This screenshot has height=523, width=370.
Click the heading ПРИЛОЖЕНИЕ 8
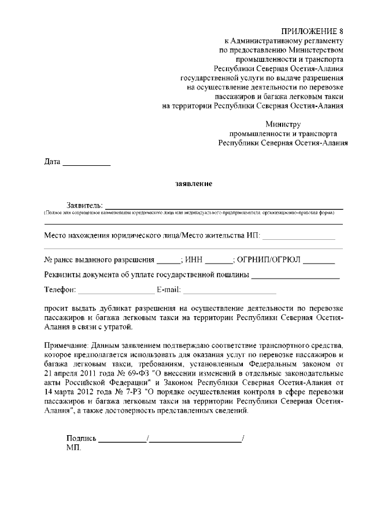(x=313, y=31)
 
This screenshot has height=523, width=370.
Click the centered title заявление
(x=194, y=184)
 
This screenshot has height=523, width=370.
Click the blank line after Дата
(x=86, y=164)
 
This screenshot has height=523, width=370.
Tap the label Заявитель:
(x=85, y=205)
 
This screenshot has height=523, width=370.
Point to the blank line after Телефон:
(x=114, y=290)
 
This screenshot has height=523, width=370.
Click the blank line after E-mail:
(x=230, y=290)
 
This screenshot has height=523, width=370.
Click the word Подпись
(x=82, y=438)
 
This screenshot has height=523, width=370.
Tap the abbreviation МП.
(x=74, y=448)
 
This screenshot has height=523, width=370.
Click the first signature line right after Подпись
(x=123, y=440)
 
